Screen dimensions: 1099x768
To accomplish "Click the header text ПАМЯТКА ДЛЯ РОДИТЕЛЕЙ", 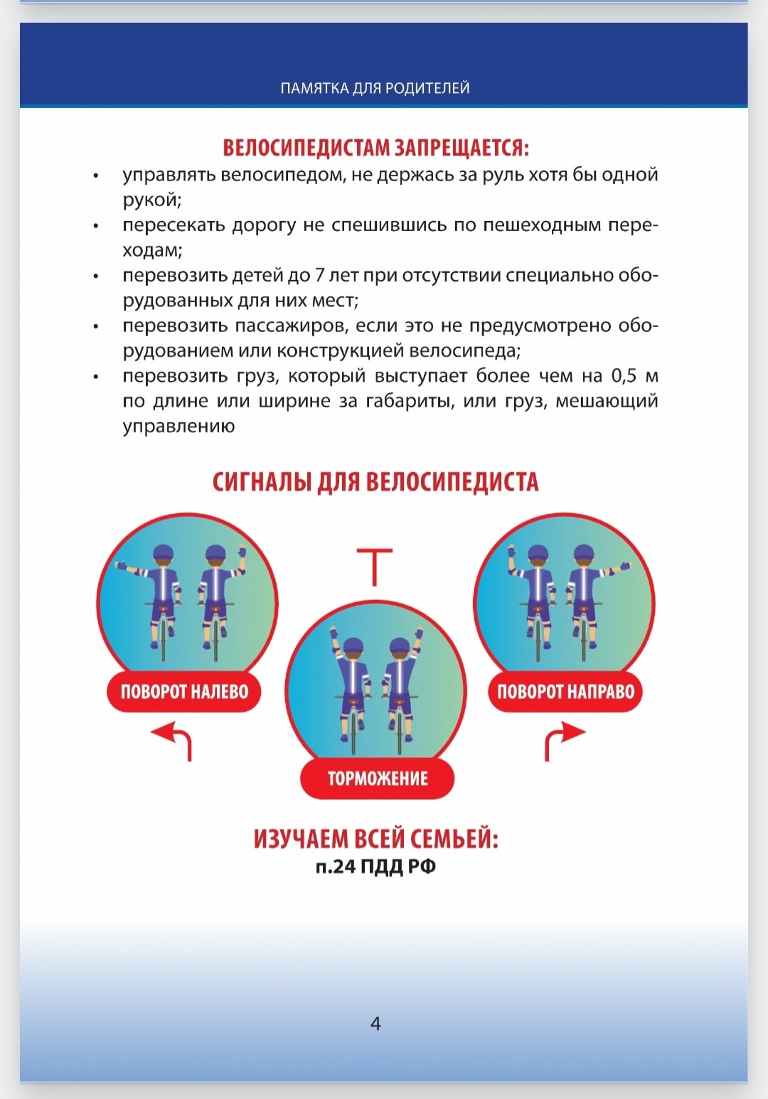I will [x=375, y=89].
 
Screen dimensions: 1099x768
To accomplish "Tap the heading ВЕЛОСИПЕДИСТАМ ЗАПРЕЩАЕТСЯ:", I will [x=375, y=148].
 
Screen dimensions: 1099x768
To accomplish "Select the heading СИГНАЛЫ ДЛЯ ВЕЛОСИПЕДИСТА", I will [x=375, y=482].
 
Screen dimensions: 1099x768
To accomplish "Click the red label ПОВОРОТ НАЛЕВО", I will [x=184, y=692].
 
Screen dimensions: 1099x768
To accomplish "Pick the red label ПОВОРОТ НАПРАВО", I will [x=565, y=692].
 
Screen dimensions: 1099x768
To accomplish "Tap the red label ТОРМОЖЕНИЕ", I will [x=377, y=778].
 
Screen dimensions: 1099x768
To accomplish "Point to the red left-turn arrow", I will [x=174, y=739].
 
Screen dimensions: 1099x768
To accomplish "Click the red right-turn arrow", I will [x=562, y=739].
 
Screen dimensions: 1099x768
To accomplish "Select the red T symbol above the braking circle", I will [x=375, y=566].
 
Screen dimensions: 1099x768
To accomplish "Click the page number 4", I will [x=375, y=1024].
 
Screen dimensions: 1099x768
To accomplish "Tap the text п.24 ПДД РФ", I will [x=375, y=867].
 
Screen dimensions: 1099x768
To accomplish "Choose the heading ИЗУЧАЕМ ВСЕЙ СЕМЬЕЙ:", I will [x=375, y=839].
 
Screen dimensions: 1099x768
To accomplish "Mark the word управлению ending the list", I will [x=178, y=427].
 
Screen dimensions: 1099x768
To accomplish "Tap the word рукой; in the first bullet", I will [x=152, y=200].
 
